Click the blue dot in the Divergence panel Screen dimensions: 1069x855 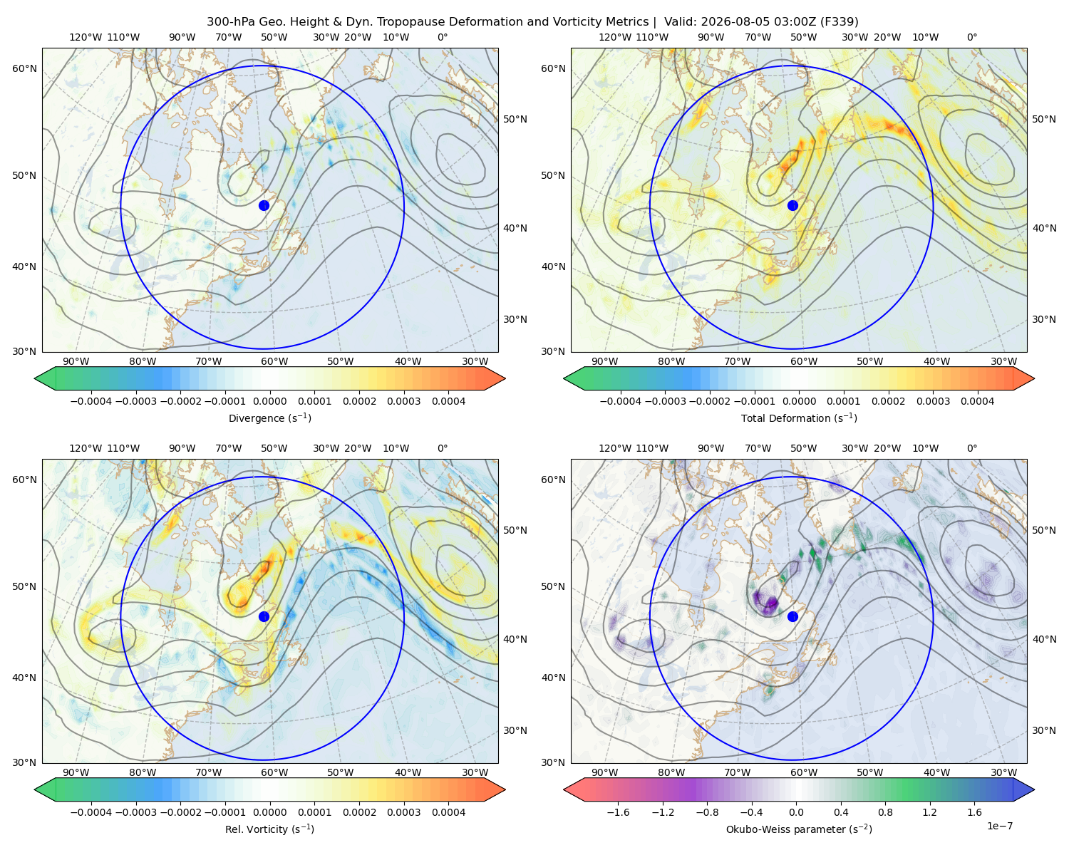tap(264, 205)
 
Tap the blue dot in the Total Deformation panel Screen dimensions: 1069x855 tap(792, 205)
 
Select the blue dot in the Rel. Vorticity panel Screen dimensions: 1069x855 tap(264, 616)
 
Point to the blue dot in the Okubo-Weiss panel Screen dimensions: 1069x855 tap(792, 616)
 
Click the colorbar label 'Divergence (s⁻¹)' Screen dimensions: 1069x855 tap(269, 418)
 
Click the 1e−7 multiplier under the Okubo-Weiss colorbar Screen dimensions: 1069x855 tap(999, 826)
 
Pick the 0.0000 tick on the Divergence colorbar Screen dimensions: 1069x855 tap(269, 401)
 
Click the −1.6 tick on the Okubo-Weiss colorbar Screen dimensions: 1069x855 tap(618, 812)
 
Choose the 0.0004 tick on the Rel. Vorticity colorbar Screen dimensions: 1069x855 tap(448, 812)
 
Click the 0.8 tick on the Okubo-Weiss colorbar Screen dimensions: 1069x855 tap(885, 812)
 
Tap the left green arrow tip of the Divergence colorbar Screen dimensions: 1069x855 tap(35, 378)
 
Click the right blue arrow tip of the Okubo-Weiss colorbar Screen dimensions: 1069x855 tap(1034, 789)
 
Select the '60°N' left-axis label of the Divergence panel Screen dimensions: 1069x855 tap(24, 68)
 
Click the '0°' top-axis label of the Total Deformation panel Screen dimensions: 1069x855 tap(971, 37)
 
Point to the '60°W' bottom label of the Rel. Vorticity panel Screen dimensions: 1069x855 tap(274, 772)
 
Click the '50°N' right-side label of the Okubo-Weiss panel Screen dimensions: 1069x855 tap(1044, 530)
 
